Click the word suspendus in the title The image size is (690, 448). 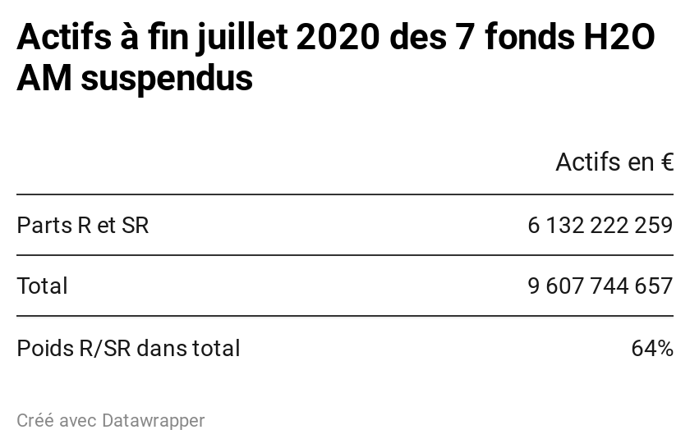[167, 79]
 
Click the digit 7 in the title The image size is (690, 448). [462, 38]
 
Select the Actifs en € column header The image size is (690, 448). [614, 162]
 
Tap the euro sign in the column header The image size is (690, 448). [666, 162]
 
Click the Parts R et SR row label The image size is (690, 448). [83, 226]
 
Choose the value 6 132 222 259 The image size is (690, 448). [600, 226]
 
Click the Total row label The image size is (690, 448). [42, 286]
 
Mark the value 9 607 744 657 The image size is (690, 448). [600, 286]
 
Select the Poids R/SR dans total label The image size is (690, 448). [128, 348]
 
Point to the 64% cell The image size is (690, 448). [652, 348]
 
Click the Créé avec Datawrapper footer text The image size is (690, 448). [110, 421]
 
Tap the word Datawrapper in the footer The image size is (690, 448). [153, 421]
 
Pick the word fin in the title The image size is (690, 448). [164, 38]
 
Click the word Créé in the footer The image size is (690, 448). [34, 421]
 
